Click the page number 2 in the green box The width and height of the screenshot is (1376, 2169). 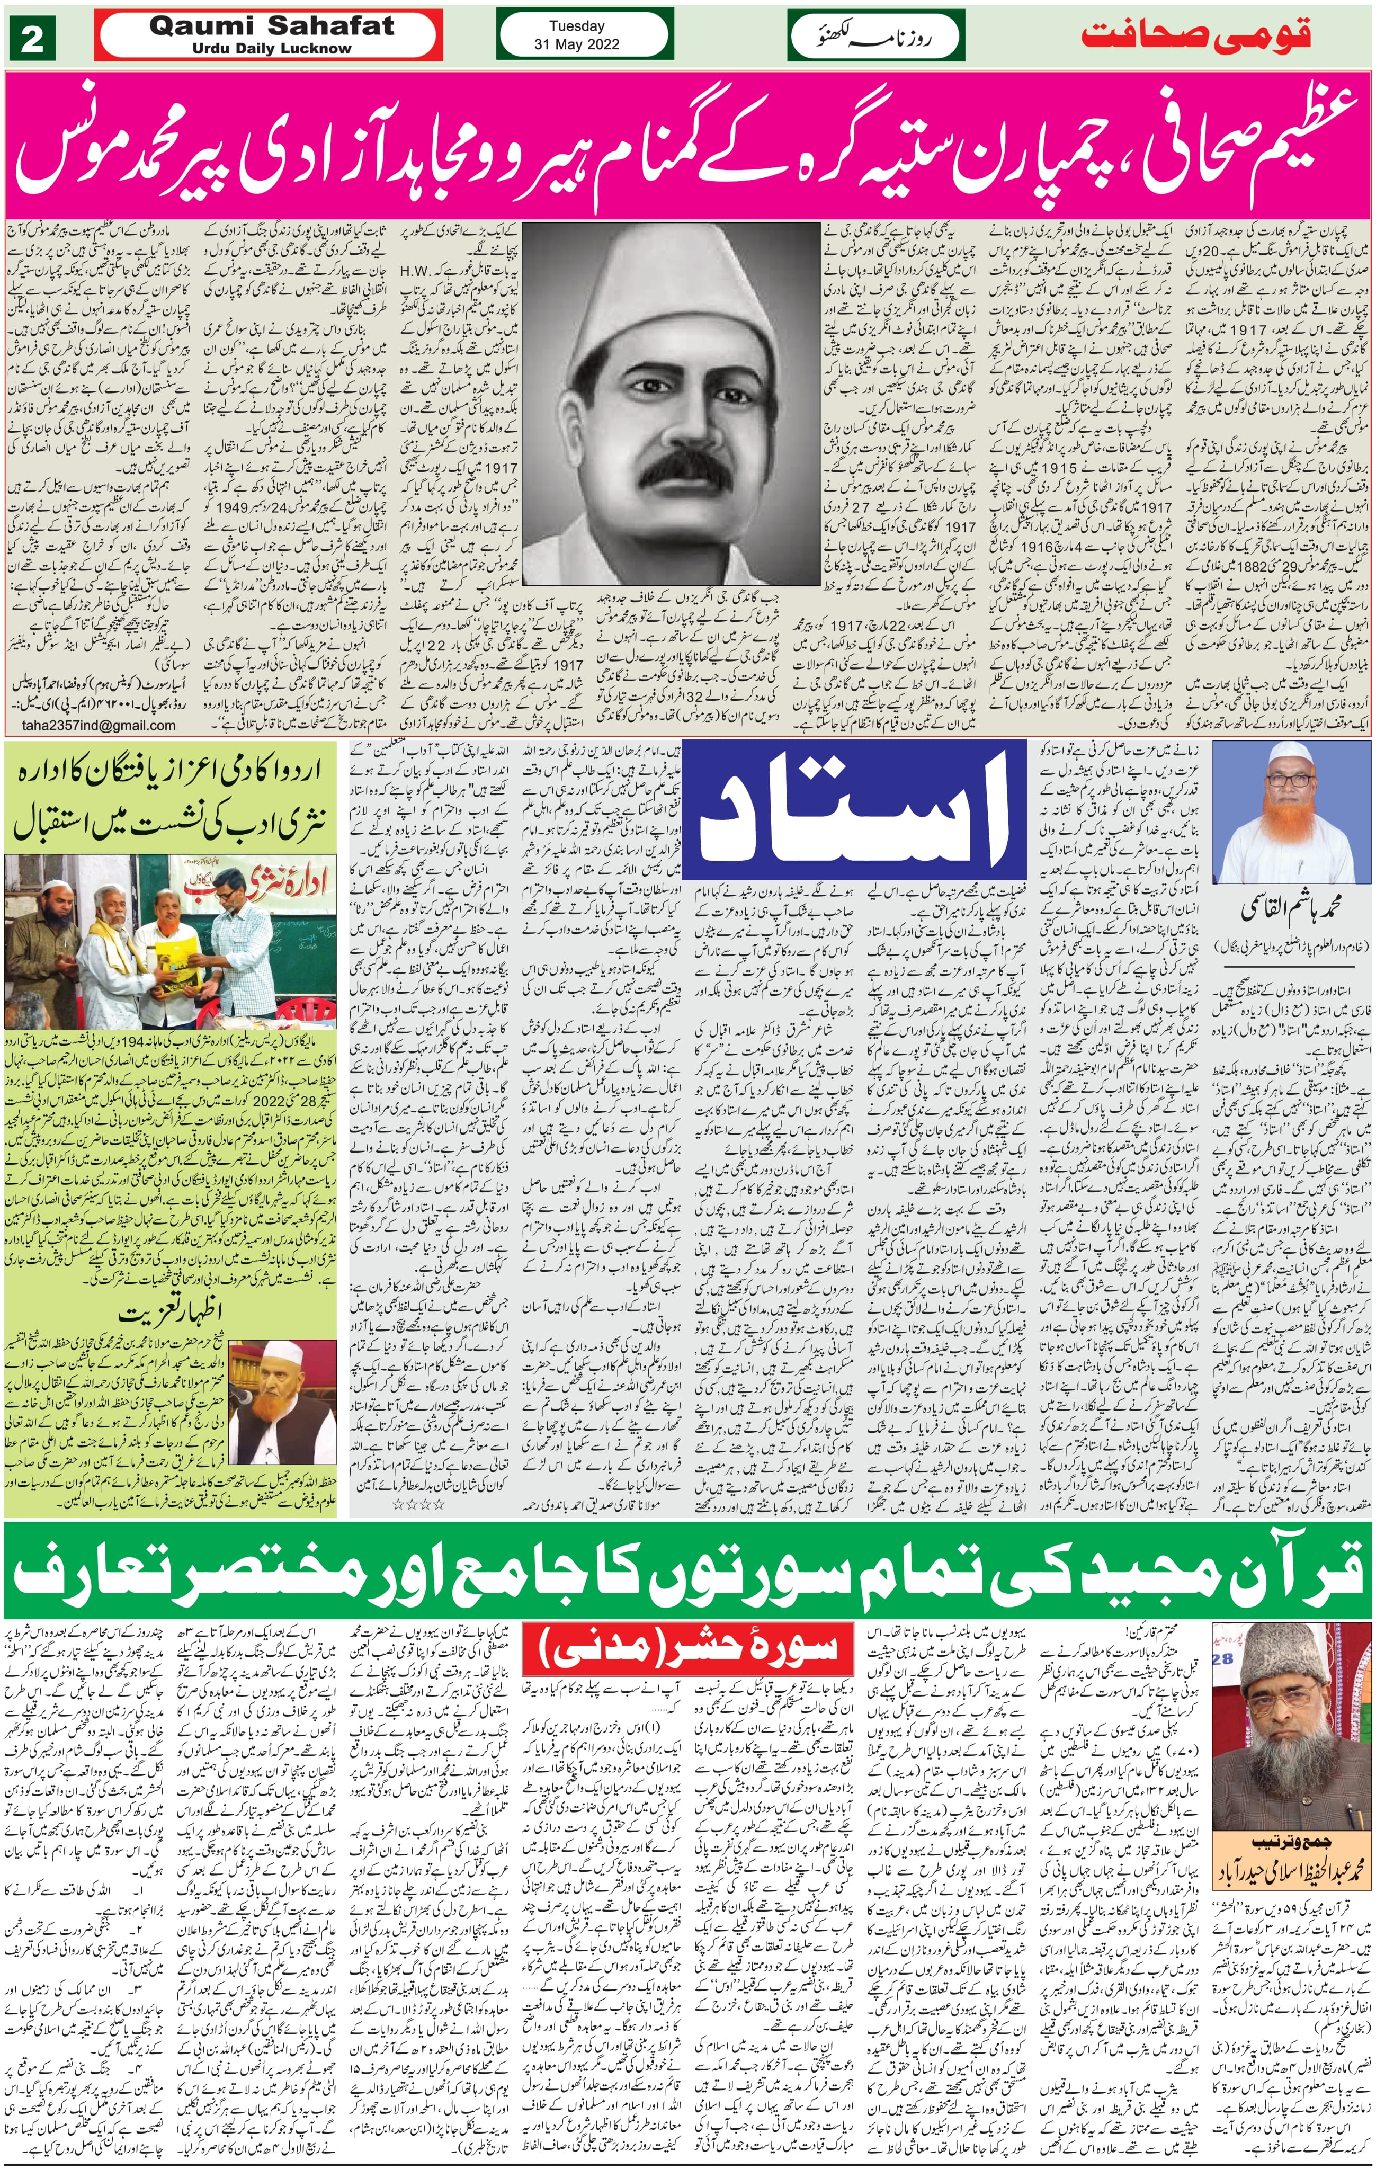click(x=33, y=40)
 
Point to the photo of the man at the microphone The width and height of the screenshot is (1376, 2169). click(x=281, y=1398)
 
